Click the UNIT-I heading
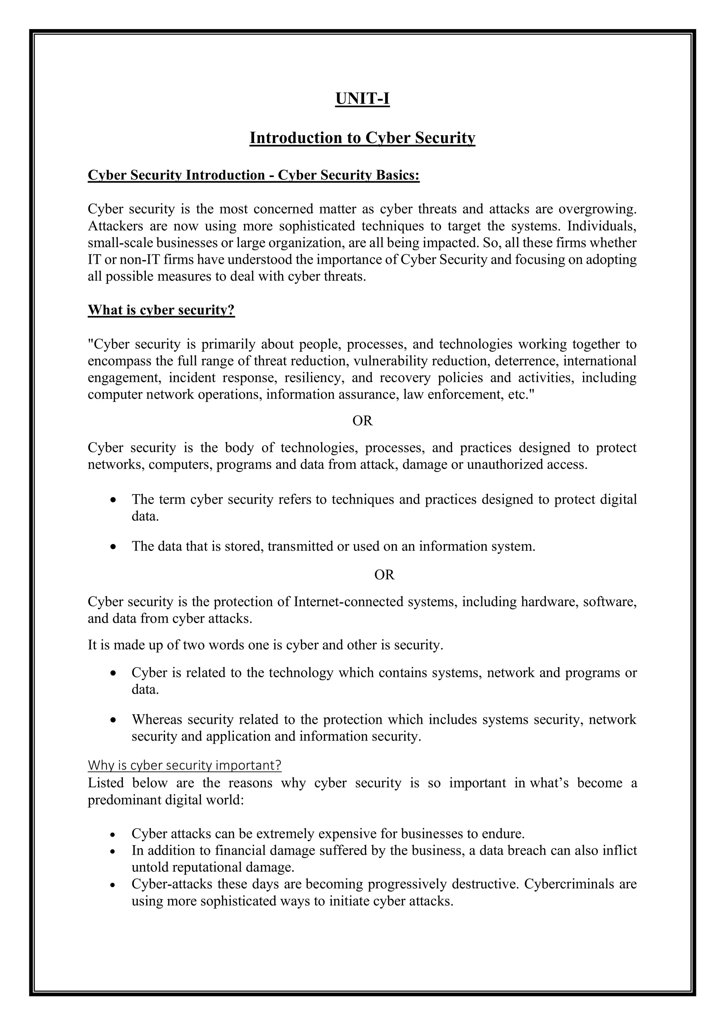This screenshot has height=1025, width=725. pos(362,99)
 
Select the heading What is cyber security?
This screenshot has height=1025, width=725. pos(161,310)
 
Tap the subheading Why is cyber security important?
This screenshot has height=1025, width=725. pos(184,765)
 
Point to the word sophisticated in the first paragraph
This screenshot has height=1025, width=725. pos(316,226)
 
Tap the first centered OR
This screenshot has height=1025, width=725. pos(362,421)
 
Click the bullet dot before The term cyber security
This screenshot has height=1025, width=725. pos(114,500)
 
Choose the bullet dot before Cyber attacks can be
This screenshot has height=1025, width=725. pos(114,834)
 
